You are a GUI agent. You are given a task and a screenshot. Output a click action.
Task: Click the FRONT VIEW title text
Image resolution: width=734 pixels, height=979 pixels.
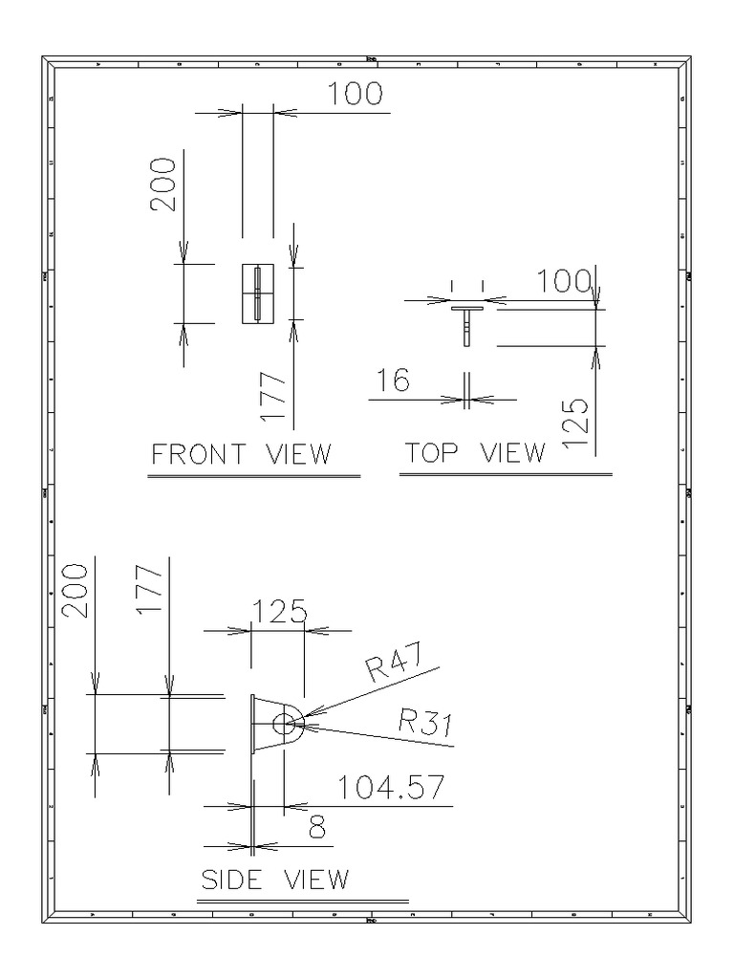pos(242,453)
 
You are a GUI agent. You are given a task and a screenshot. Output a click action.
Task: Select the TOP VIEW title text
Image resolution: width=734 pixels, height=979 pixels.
pos(475,452)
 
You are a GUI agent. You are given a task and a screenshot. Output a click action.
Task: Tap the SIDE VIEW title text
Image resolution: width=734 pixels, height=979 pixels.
pos(274,879)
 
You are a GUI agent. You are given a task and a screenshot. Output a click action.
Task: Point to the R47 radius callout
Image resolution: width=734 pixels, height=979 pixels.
pos(388,667)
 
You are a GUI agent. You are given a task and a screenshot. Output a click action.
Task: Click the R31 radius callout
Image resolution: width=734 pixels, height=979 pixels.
pos(423,726)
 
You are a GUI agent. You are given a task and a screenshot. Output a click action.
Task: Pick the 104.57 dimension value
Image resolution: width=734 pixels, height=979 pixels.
pos(391,788)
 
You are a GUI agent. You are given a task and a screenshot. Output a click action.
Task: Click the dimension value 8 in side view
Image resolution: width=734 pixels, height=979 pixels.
pos(317,828)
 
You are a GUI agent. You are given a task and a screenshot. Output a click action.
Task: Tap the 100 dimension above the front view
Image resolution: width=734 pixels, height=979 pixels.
pos(355,94)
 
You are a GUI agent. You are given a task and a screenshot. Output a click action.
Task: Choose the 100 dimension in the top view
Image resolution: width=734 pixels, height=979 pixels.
pos(565,281)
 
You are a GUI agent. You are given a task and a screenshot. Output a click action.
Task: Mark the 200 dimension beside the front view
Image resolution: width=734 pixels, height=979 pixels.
pos(164,185)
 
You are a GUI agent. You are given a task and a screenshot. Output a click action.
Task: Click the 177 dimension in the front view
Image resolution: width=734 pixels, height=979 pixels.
pos(273,398)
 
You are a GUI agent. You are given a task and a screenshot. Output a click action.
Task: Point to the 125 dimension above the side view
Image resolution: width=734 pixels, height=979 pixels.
pos(278,612)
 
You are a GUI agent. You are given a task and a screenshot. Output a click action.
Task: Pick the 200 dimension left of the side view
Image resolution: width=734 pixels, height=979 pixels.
pos(76,590)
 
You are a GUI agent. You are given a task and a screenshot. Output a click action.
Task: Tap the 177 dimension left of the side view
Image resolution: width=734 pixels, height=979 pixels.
pos(150,590)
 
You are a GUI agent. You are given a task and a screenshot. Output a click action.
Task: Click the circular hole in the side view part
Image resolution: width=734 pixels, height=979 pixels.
pos(284,724)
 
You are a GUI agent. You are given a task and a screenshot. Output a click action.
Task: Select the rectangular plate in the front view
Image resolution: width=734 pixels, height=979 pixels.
pos(257,293)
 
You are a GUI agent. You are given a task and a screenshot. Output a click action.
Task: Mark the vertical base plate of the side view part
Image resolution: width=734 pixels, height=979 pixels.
pos(253,724)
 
